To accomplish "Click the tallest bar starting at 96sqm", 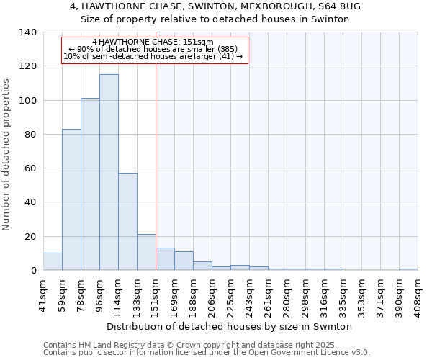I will coord(109,173).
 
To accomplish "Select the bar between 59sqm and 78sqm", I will coord(71,199).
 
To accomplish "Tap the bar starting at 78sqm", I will coord(90,184).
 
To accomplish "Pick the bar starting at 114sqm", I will coord(127,222).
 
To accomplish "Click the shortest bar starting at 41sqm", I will coord(53,261).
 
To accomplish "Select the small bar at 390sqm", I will coord(408,269).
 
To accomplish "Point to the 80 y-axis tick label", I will coord(30,135).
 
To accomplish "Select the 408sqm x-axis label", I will coord(418,295).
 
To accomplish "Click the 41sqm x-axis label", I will coord(43,295).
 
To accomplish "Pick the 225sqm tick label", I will coord(230,295).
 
